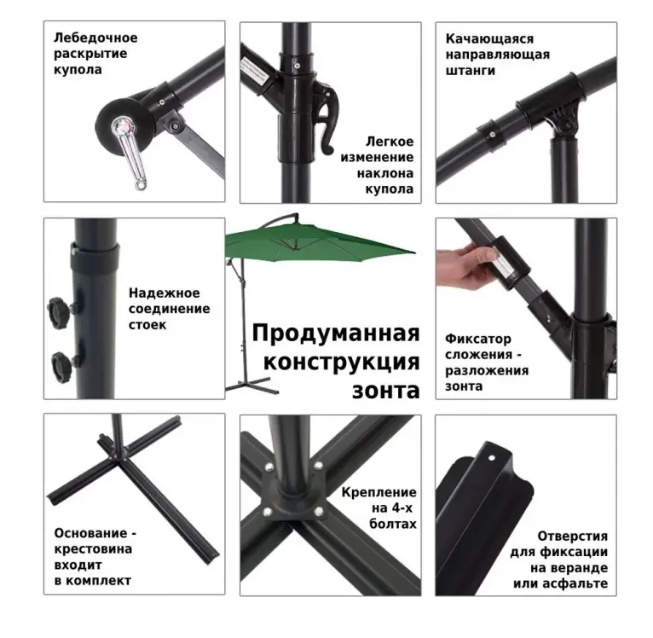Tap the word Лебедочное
tap(95, 38)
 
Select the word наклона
tap(385, 173)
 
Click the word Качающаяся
tap(489, 38)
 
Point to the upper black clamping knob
tap(58, 313)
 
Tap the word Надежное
tap(164, 293)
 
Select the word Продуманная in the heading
tap(336, 333)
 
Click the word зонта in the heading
tap(385, 391)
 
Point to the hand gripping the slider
tap(465, 265)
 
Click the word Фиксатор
tap(478, 339)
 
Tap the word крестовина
tap(93, 549)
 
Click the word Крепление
tap(379, 492)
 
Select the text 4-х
tap(402, 508)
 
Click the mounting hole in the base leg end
tap(491, 458)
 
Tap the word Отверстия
tap(572, 536)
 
